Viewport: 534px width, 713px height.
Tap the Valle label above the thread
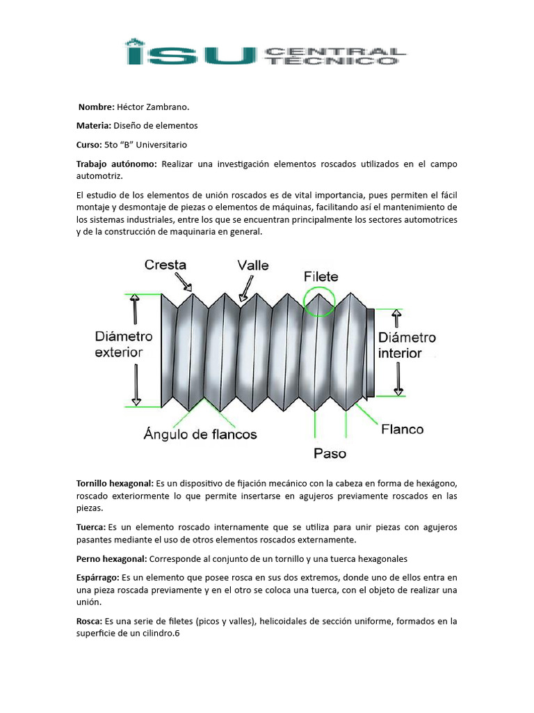pyautogui.click(x=252, y=265)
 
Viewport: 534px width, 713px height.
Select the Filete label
pyautogui.click(x=321, y=276)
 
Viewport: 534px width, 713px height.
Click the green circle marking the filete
pyautogui.click(x=320, y=301)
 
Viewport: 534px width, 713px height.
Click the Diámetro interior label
pyautogui.click(x=407, y=345)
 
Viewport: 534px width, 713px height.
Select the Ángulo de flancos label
pyautogui.click(x=200, y=434)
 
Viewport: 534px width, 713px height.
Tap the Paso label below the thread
pyautogui.click(x=330, y=453)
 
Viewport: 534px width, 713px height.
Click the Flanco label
pyautogui.click(x=402, y=429)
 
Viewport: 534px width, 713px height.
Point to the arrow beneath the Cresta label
pyautogui.click(x=185, y=282)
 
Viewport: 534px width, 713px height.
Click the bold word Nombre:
pyautogui.click(x=96, y=107)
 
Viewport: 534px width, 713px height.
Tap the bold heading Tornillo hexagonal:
pyautogui.click(x=115, y=483)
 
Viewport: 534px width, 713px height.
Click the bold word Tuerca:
pyautogui.click(x=91, y=527)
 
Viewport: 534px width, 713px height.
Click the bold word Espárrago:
pyautogui.click(x=97, y=578)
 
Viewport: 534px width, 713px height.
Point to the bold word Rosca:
pyautogui.click(x=89, y=621)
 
